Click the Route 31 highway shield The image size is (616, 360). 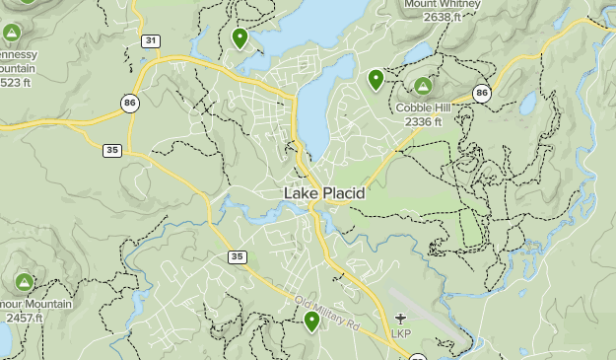click(x=150, y=40)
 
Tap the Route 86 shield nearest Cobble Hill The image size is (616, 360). click(x=481, y=93)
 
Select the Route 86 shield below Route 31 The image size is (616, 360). click(x=130, y=102)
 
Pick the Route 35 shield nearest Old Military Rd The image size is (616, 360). click(x=237, y=256)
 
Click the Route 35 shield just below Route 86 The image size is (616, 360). click(x=112, y=150)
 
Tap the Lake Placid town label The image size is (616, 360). click(x=324, y=193)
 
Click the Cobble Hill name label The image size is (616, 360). click(x=423, y=108)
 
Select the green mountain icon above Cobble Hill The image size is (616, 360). click(x=423, y=86)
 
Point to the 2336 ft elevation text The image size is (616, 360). click(x=423, y=121)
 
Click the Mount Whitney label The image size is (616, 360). click(x=442, y=4)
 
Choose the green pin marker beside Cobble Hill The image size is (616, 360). click(x=376, y=79)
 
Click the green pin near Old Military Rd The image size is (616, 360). click(x=311, y=321)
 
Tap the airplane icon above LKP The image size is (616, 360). click(x=400, y=318)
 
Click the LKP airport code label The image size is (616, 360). click(x=400, y=333)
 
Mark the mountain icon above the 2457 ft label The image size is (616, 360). click(x=24, y=283)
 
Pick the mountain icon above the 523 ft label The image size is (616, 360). click(x=12, y=34)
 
